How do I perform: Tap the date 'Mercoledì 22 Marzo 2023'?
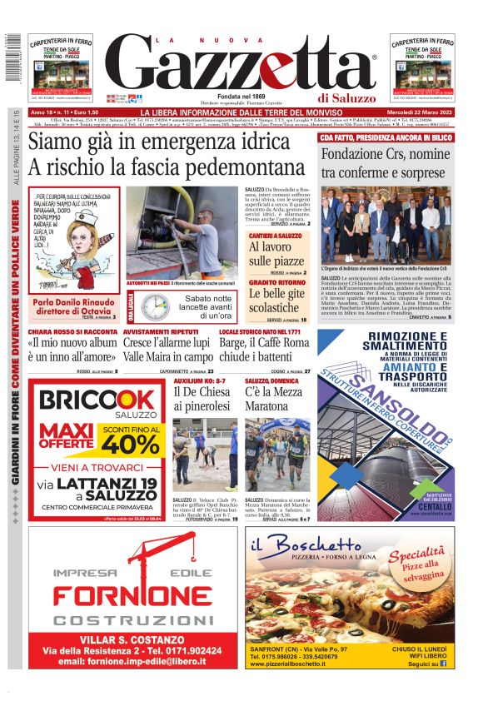point(412,112)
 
